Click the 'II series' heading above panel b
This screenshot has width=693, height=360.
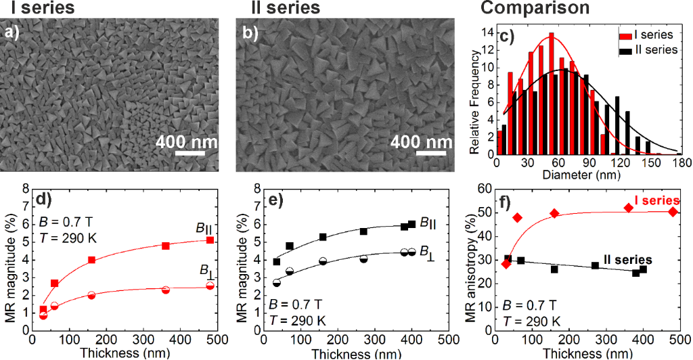(280, 9)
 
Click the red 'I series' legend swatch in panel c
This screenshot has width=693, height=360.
(625, 33)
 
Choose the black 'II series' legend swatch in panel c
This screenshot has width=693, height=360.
(625, 49)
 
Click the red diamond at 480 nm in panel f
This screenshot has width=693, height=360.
(673, 212)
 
